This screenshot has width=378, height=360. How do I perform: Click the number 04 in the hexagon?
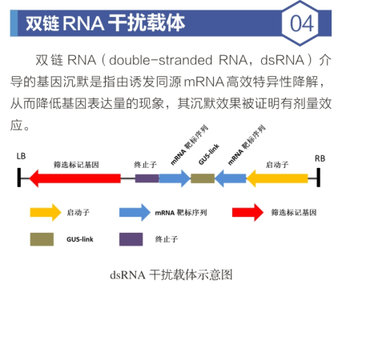point(302,23)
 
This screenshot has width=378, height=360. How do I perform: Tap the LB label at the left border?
point(21,156)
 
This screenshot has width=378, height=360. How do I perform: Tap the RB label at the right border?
point(320,158)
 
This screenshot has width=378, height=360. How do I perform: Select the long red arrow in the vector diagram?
point(74,178)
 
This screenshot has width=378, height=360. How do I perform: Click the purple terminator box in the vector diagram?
point(147,178)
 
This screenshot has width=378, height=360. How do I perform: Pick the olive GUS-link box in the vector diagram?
point(203,178)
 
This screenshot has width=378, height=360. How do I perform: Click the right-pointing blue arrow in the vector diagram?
point(175,178)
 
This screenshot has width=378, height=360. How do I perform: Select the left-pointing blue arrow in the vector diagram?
point(231,178)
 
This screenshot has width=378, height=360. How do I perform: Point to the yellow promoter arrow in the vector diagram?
point(277,178)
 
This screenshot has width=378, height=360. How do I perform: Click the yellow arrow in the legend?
point(46,213)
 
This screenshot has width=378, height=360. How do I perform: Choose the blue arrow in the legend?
point(135,213)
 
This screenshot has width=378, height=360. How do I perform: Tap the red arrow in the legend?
point(247,213)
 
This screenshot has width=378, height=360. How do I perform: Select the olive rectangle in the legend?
point(42,239)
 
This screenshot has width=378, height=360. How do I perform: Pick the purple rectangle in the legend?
point(131,239)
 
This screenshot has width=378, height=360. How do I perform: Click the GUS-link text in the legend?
point(80,239)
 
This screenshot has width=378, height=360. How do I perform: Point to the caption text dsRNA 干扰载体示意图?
point(171,275)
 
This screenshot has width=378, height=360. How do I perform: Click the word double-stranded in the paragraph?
point(161,60)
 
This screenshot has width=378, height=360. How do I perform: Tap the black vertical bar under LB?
point(19,178)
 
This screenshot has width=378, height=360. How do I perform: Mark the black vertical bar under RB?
point(319,178)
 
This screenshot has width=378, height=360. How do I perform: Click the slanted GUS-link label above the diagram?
point(209,154)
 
